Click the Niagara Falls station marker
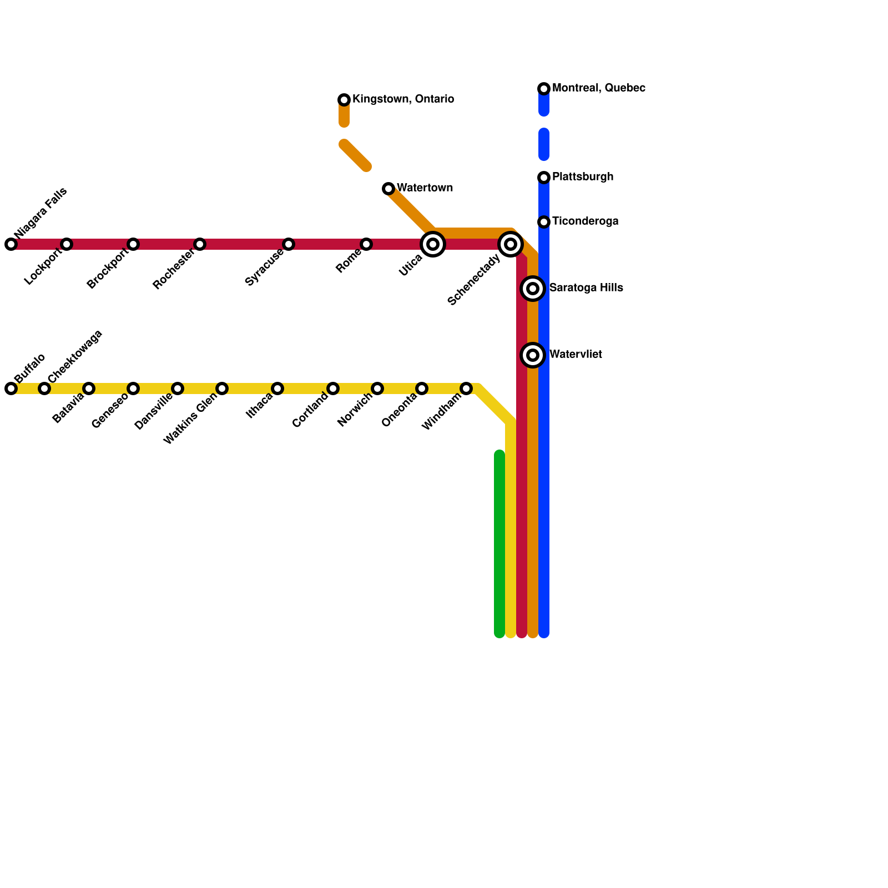pyautogui.click(x=11, y=244)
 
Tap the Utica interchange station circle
pyautogui.click(x=433, y=244)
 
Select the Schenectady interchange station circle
pyautogui.click(x=511, y=244)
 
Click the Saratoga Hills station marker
pyautogui.click(x=533, y=289)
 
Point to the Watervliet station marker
pyautogui.click(x=533, y=355)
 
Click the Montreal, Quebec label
pyautogui.click(x=598, y=88)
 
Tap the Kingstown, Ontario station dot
pyautogui.click(x=344, y=100)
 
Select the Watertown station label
pyautogui.click(x=425, y=188)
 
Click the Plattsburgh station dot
pyautogui.click(x=544, y=178)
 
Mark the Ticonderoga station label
pyautogui.click(x=585, y=221)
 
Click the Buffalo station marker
pyautogui.click(x=11, y=389)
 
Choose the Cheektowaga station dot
pyautogui.click(x=44, y=389)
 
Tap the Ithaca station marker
pyautogui.click(x=277, y=389)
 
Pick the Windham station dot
pyautogui.click(x=466, y=389)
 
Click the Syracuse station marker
pyautogui.click(x=289, y=244)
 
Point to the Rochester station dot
pyautogui.click(x=200, y=244)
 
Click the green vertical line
pyautogui.click(x=500, y=544)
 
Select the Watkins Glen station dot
pyautogui.click(x=222, y=389)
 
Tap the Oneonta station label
pyautogui.click(x=399, y=411)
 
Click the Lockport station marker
pyautogui.click(x=67, y=244)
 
